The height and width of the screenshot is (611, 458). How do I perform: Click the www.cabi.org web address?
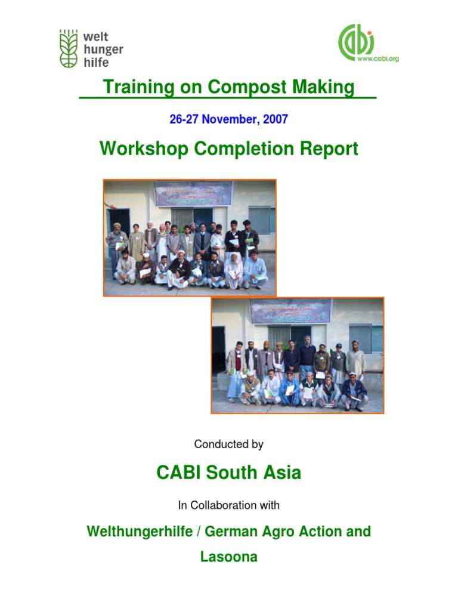click(377, 59)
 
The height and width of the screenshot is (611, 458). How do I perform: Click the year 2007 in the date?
click(275, 119)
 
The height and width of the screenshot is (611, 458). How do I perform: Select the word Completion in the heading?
click(245, 149)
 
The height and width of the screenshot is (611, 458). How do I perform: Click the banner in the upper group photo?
click(193, 193)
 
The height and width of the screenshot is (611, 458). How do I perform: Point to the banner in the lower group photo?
click(290, 311)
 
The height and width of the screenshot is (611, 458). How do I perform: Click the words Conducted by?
click(229, 445)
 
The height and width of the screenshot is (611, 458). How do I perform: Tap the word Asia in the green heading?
click(282, 473)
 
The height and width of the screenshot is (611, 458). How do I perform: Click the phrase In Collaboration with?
click(229, 505)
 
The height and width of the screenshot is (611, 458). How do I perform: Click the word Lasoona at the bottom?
click(229, 557)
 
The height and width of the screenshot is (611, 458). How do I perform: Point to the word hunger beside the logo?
click(104, 50)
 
